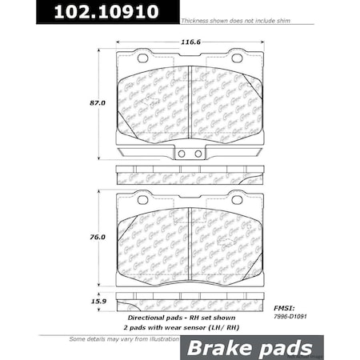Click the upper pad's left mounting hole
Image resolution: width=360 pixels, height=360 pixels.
click(142, 58)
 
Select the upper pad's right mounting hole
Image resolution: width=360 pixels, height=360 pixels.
click(237, 58)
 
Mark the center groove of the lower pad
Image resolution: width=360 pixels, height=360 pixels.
click(190, 240)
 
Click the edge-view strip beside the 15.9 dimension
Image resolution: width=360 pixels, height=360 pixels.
click(190, 302)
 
